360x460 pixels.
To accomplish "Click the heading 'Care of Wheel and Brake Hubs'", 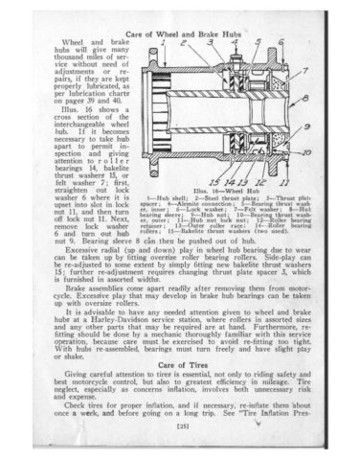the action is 179,33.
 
